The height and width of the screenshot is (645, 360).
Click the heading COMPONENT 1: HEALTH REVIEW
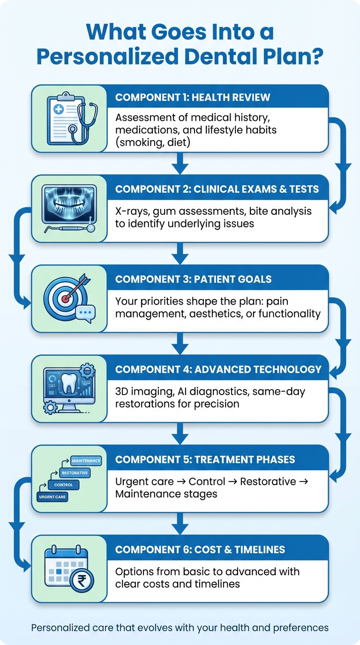click(193, 97)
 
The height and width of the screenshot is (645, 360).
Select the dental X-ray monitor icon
click(69, 204)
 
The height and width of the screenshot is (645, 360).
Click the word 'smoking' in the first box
click(144, 142)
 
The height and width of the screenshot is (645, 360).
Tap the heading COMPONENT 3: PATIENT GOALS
click(193, 279)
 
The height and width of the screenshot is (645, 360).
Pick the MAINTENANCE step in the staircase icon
click(86, 461)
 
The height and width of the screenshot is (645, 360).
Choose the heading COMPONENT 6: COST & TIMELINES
click(200, 549)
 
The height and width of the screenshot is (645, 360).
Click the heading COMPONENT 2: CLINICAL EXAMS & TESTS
click(217, 189)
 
